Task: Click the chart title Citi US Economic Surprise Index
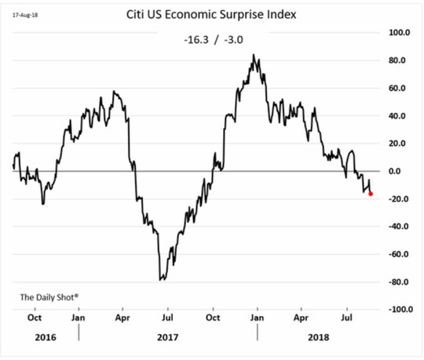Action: click(x=211, y=14)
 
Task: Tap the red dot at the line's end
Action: click(x=371, y=194)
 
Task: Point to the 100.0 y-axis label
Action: click(x=400, y=33)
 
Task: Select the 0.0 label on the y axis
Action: click(x=394, y=171)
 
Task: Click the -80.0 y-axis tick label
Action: click(x=398, y=282)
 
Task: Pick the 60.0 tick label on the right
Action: click(x=397, y=89)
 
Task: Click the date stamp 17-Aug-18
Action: click(x=25, y=15)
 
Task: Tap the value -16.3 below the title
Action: click(x=196, y=40)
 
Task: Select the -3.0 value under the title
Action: click(x=233, y=40)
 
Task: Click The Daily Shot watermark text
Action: click(x=49, y=297)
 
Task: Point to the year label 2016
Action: click(x=46, y=337)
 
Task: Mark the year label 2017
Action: click(x=168, y=337)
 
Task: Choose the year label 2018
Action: click(x=319, y=337)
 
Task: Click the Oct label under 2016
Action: click(x=35, y=318)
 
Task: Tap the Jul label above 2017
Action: click(x=168, y=318)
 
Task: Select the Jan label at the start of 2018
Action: click(x=257, y=318)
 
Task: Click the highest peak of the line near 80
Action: click(x=254, y=55)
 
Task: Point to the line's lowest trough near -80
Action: click(x=160, y=280)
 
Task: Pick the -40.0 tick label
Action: click(x=398, y=227)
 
